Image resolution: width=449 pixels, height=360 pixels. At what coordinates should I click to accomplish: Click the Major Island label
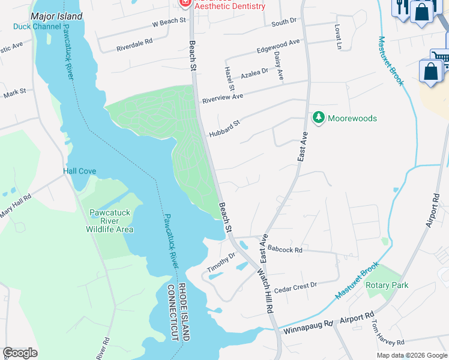pyautogui.click(x=56, y=16)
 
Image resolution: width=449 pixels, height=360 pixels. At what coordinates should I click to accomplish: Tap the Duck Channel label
pyautogui.click(x=37, y=26)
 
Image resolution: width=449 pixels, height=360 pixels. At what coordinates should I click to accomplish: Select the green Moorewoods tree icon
pyautogui.click(x=318, y=118)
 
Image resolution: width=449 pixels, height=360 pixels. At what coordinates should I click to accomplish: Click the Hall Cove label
pyautogui.click(x=80, y=171)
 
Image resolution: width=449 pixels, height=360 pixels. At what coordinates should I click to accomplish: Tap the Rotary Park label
pyautogui.click(x=387, y=285)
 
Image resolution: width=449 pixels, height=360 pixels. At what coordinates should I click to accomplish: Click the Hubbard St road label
pyautogui.click(x=224, y=128)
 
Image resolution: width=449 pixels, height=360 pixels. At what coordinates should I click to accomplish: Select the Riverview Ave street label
pyautogui.click(x=222, y=97)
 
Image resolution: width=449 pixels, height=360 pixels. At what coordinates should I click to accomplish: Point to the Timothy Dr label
pyautogui.click(x=221, y=263)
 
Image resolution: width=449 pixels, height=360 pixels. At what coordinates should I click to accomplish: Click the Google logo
pyautogui.click(x=20, y=352)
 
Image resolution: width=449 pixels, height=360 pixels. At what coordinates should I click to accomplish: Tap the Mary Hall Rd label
pyautogui.click(x=15, y=206)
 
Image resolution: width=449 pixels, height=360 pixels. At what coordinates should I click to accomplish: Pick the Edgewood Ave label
pyautogui.click(x=277, y=46)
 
